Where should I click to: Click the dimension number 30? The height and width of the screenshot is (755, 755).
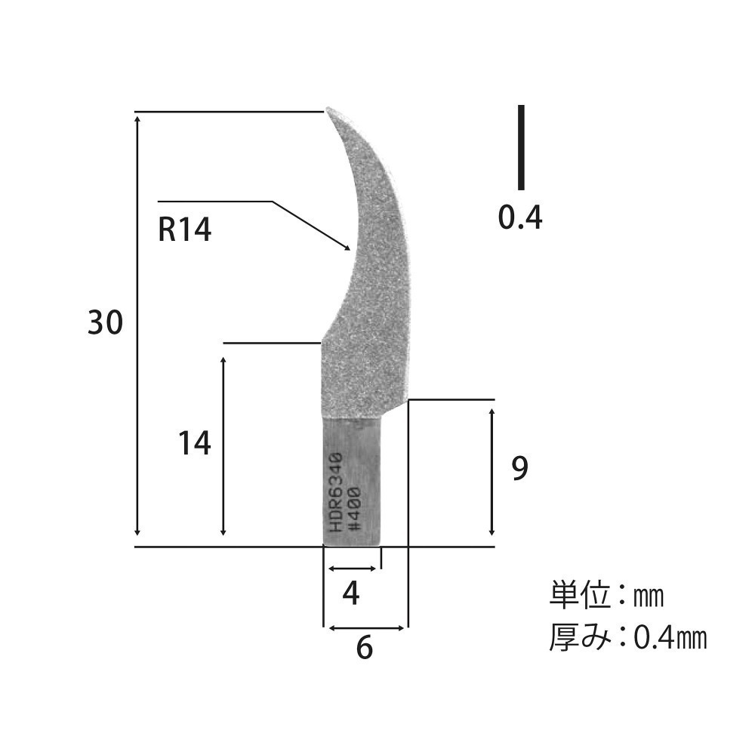[106, 322]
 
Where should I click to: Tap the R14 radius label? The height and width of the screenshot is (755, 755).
[185, 230]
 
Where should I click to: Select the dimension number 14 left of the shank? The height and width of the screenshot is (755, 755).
[195, 443]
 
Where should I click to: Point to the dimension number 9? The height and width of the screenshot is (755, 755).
[519, 468]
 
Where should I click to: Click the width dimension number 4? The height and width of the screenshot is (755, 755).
[351, 593]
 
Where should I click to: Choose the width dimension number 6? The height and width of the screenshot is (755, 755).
[365, 647]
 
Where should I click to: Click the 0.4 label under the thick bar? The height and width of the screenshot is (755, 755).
[520, 217]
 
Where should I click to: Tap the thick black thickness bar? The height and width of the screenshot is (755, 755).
[521, 147]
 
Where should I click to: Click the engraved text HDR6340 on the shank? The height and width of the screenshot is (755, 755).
[335, 492]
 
